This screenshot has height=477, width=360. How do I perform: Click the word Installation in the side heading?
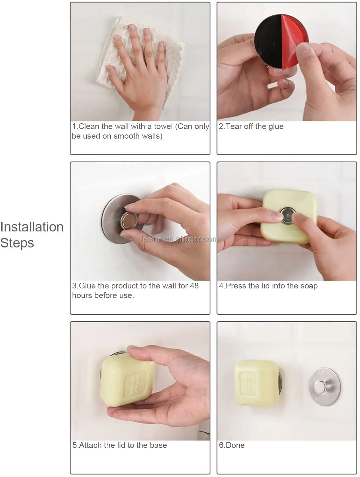pos(32,227)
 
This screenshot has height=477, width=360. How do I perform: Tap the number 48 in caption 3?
pos(194,286)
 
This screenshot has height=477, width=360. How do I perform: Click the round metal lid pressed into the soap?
pos(288,215)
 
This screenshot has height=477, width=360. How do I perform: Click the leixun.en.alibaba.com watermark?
pos(180,239)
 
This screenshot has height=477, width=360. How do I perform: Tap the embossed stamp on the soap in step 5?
pos(135,385)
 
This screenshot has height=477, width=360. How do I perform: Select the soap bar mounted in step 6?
pos(257,383)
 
